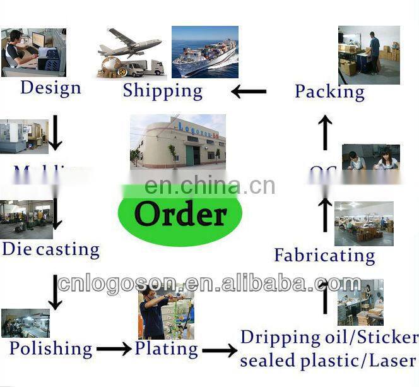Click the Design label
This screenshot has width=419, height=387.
click(x=50, y=87)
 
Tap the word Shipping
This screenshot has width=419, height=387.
click(x=163, y=90)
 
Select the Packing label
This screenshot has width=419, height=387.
click(x=329, y=92)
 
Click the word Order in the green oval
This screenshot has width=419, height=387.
click(x=180, y=214)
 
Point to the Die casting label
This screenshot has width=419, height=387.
click(x=50, y=249)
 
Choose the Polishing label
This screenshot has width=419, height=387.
click(x=50, y=348)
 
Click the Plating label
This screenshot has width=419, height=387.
click(x=166, y=348)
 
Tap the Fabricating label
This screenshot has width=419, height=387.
click(x=324, y=256)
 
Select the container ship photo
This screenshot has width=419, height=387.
click(x=204, y=52)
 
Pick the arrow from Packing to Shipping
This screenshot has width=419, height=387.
click(x=249, y=92)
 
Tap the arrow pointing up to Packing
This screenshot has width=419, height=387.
click(x=325, y=132)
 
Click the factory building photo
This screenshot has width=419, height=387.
click(x=177, y=141)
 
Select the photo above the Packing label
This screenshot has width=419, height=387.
click(x=369, y=54)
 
